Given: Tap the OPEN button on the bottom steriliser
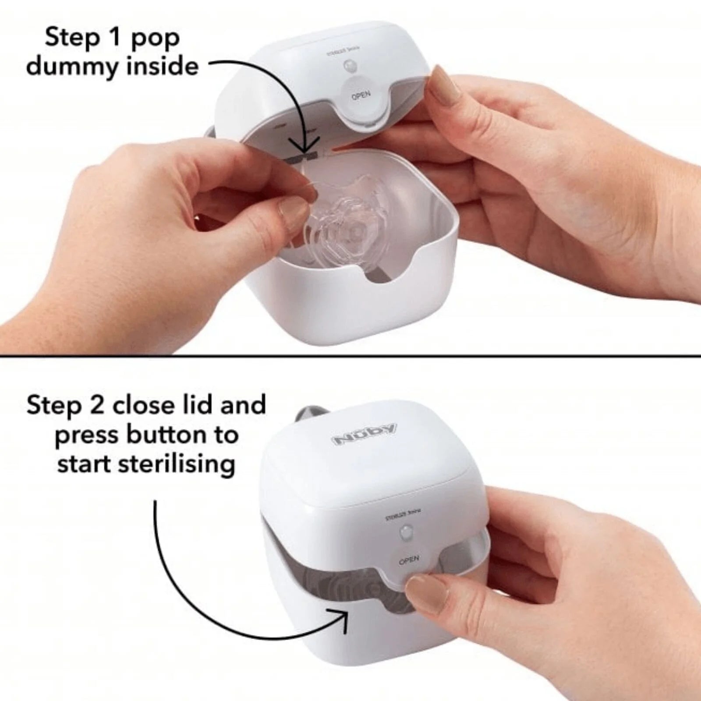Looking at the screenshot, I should (x=408, y=560).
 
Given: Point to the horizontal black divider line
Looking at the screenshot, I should (x=350, y=356).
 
